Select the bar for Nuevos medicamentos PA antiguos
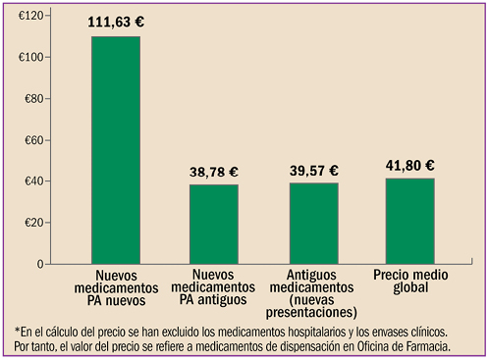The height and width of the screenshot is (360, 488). click(x=213, y=224)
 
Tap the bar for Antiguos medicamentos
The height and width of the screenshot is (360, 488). click(x=313, y=223)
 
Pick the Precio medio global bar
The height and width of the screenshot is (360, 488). click(x=409, y=221)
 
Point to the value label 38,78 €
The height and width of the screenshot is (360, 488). click(x=213, y=172)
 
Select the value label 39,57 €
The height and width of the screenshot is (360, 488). click(x=313, y=171)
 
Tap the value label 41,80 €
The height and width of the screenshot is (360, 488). click(x=409, y=166)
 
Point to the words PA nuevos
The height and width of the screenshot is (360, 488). click(x=116, y=299)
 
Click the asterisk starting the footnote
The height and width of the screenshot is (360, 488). click(x=18, y=330)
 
